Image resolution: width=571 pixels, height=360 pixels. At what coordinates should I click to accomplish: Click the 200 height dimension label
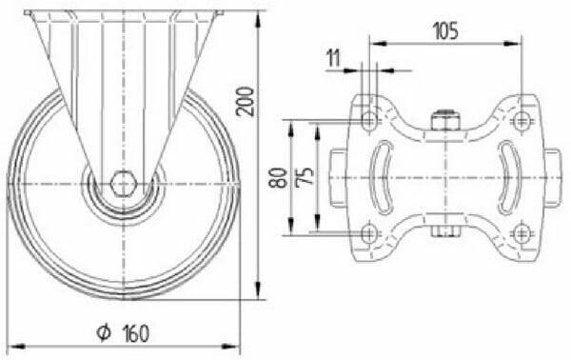coord(246,101)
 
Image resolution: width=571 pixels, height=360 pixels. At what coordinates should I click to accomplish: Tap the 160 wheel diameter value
coord(135,333)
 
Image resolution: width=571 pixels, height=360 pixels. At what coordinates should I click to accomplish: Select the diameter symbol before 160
coord(104,332)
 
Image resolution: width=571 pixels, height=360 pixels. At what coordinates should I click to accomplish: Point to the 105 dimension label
coord(445,30)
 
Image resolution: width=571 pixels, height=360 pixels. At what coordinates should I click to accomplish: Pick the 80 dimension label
coord(278,177)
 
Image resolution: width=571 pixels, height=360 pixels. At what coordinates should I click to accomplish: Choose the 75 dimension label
coord(305,177)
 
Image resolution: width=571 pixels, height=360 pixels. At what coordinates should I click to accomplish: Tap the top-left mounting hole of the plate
coord(369,121)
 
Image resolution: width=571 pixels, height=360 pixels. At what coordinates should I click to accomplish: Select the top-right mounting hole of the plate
coord(522,121)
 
